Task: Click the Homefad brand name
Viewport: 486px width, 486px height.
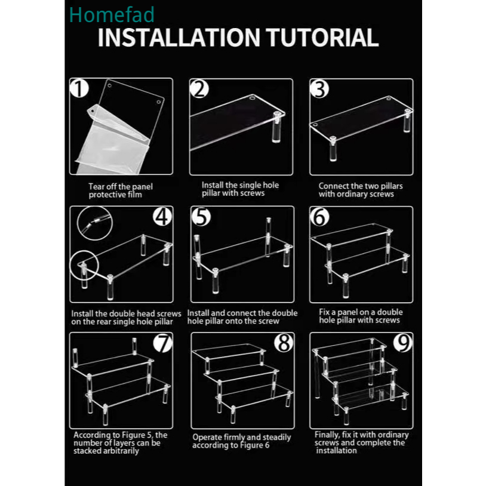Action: [112, 14]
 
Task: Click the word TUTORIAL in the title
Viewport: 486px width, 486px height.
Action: [322, 38]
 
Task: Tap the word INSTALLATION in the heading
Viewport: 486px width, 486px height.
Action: [179, 38]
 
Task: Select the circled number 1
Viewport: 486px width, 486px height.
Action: [79, 88]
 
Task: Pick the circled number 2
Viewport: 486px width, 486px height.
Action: [199, 89]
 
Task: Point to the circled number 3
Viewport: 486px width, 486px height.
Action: [319, 90]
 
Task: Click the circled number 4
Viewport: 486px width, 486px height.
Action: [162, 216]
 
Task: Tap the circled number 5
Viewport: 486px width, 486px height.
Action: [201, 216]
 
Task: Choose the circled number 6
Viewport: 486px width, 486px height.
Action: [319, 217]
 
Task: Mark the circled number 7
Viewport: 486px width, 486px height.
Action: [163, 343]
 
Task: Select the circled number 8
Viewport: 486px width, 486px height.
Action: [284, 343]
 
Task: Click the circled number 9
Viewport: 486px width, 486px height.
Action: [403, 343]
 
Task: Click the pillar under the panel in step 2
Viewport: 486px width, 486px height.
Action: [276, 127]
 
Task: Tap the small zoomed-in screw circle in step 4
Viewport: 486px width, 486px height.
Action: [95, 223]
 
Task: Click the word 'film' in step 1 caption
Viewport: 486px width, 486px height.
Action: [134, 195]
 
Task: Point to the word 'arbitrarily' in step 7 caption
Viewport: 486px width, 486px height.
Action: [122, 451]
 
